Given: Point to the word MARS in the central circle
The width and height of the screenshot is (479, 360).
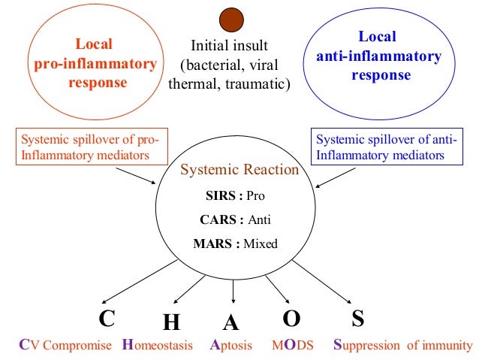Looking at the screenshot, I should click(x=212, y=244).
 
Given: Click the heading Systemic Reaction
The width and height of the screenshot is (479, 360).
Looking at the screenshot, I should click(x=239, y=170).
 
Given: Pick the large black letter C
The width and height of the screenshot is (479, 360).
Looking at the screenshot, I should click(x=107, y=319).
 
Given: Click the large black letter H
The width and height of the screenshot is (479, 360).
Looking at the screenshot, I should click(x=171, y=322).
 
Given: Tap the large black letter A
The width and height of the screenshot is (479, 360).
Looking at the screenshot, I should click(x=231, y=322).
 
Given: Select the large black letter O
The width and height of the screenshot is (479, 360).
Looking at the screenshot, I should click(x=291, y=319).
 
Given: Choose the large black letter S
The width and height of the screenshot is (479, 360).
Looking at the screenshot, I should click(x=358, y=319).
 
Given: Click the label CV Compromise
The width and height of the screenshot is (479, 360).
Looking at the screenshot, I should click(x=65, y=346).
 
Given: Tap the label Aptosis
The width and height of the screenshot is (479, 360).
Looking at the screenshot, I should click(x=233, y=346).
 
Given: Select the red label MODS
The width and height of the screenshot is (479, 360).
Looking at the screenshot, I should click(x=294, y=346).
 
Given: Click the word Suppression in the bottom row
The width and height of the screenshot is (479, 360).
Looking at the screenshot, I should click(x=369, y=346).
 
